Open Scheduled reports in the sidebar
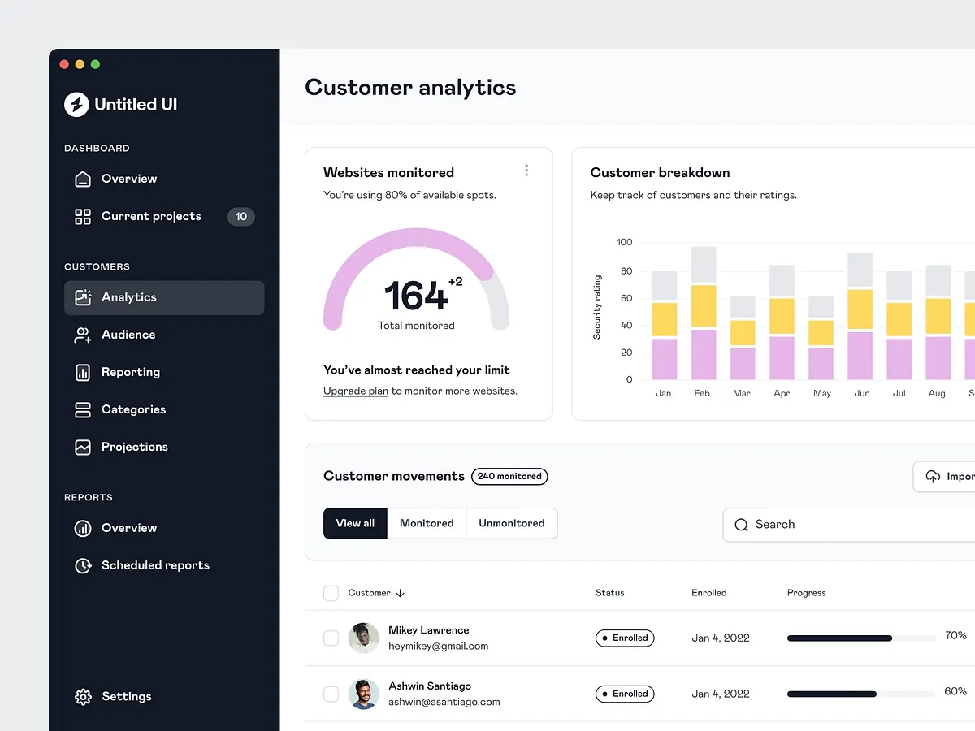[154, 565]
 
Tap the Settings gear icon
[83, 697]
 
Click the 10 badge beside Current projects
[240, 217]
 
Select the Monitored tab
[427, 523]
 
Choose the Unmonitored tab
[512, 523]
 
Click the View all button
[355, 523]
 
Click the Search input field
[853, 525]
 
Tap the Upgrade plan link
[356, 391]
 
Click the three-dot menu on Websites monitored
[526, 170]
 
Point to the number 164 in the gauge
[415, 296]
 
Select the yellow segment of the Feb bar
[704, 305]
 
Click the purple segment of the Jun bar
[860, 355]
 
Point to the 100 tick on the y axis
[624, 242]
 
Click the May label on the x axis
[821, 393]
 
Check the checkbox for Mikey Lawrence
[331, 638]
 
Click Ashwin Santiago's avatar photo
[363, 694]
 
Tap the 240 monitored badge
[509, 477]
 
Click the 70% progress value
[955, 635]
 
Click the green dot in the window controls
[95, 64]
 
